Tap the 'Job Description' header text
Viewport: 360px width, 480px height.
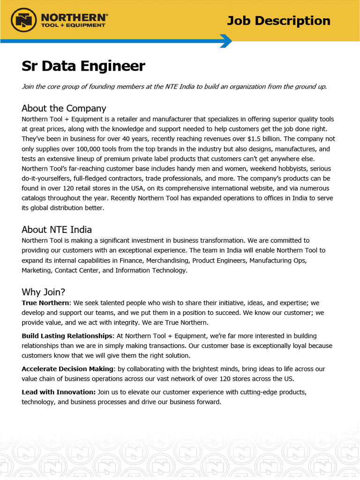pos(278,21)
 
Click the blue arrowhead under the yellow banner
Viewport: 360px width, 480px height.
pos(226,41)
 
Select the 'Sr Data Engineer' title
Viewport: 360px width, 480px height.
pos(83,66)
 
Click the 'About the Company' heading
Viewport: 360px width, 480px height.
pos(64,108)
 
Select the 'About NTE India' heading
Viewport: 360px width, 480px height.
pos(57,230)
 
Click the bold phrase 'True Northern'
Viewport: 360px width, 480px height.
pos(45,303)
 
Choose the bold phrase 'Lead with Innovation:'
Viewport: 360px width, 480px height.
pos(59,391)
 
